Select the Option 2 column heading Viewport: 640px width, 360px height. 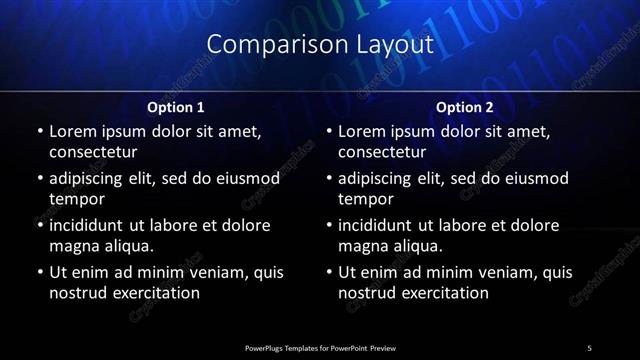click(x=465, y=106)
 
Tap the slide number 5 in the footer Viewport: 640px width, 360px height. click(x=589, y=347)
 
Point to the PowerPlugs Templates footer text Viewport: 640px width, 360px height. click(x=319, y=347)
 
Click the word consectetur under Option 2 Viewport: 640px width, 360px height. click(x=383, y=153)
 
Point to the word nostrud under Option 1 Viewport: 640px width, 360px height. click(x=76, y=293)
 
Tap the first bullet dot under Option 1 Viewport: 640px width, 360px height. click(x=40, y=132)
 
